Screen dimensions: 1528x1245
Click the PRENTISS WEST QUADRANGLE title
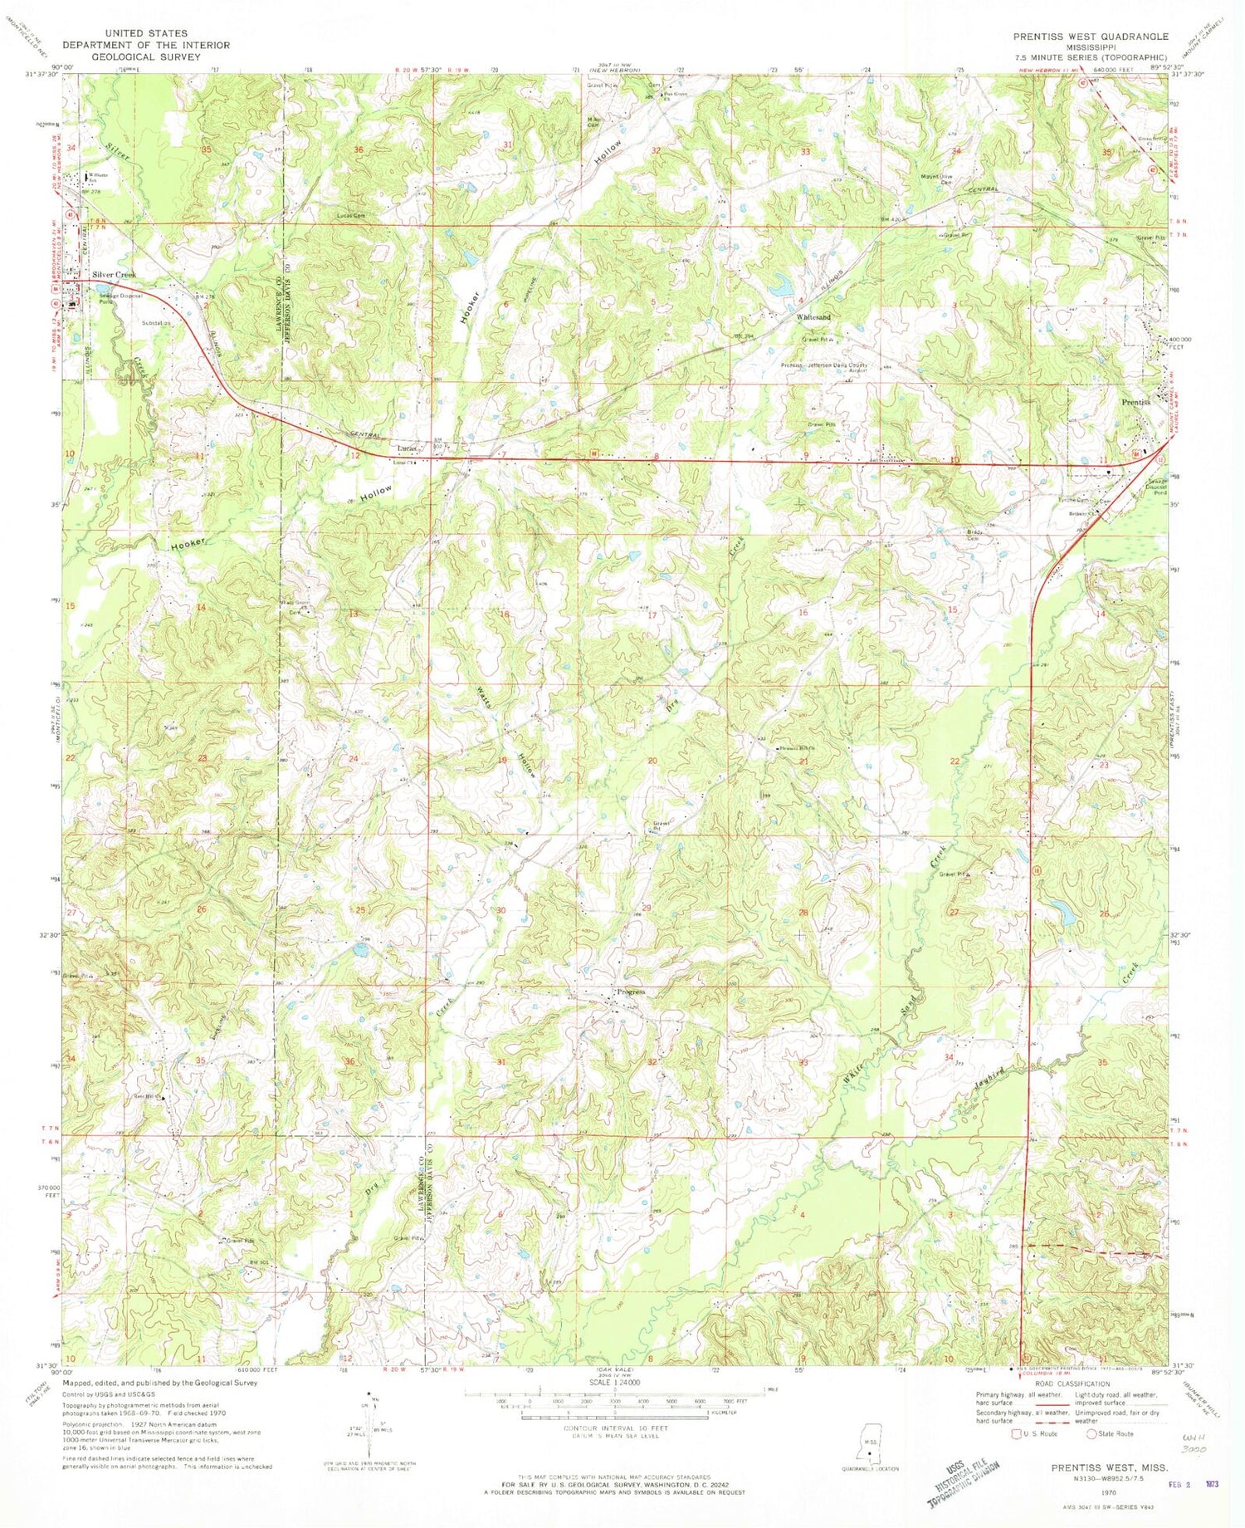1090,37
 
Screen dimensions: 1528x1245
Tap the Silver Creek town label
114,274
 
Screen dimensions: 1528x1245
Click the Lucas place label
406,448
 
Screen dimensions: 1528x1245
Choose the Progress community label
631,992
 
